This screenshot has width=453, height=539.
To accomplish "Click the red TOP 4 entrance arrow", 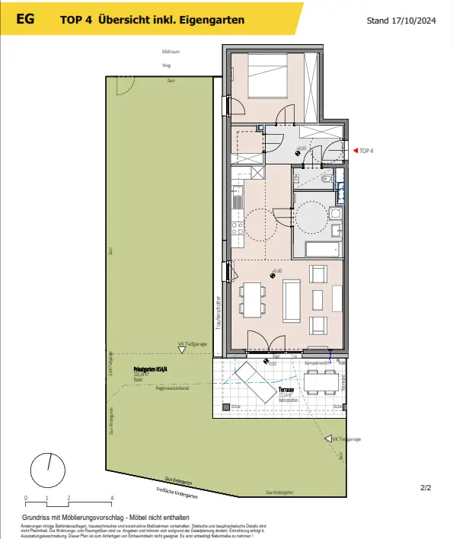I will (x=354, y=151).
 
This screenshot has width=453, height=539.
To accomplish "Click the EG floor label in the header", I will (x=25, y=20).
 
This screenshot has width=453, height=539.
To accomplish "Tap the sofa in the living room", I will (x=291, y=300).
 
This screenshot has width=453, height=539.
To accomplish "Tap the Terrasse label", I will (x=307, y=389).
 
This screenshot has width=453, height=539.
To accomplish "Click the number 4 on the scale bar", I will (x=112, y=497).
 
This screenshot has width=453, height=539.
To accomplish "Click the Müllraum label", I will (x=171, y=52).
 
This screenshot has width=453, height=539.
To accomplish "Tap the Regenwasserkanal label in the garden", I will (x=171, y=388).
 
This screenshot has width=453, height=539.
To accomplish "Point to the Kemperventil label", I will (x=315, y=363).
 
